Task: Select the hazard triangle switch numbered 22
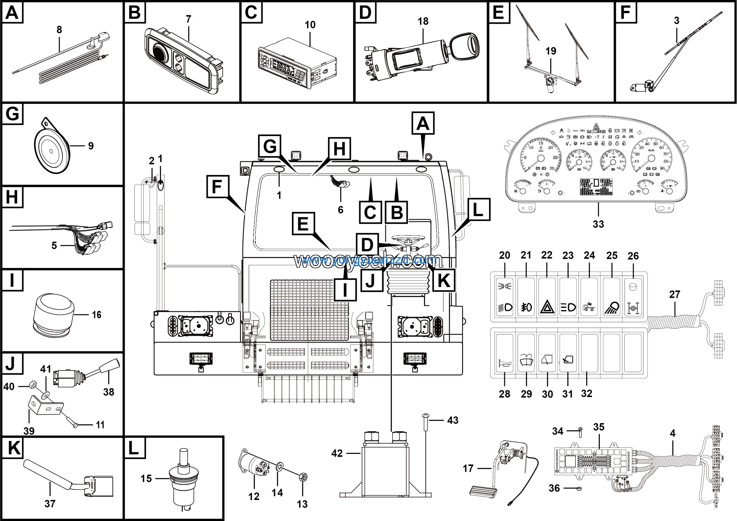click(x=547, y=297)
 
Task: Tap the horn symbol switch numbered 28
click(x=504, y=353)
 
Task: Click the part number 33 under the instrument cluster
click(x=598, y=224)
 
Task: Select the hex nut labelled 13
click(x=302, y=477)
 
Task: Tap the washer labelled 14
click(x=279, y=466)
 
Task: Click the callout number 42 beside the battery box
click(x=337, y=453)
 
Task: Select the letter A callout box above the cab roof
click(x=423, y=123)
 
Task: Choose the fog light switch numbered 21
click(x=526, y=297)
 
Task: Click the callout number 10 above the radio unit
click(x=310, y=25)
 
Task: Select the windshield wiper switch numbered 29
click(x=526, y=353)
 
